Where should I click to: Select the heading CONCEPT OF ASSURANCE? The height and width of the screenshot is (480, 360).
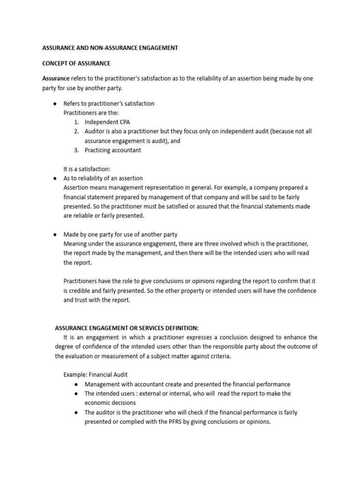click(76, 63)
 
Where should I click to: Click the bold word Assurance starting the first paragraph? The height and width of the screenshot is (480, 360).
click(56, 79)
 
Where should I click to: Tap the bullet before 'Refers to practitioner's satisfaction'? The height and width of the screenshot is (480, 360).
click(55, 104)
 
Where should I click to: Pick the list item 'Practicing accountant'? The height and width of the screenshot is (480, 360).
click(112, 150)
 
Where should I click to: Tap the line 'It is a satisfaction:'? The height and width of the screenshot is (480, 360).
click(87, 169)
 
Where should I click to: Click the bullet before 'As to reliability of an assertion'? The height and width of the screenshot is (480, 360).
click(55, 179)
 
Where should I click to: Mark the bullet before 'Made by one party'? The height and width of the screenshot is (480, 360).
click(55, 234)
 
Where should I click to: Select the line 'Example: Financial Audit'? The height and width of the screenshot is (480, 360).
click(95, 375)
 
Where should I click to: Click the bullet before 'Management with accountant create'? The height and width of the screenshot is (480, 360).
click(76, 384)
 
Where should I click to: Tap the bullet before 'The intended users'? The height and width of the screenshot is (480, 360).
click(76, 394)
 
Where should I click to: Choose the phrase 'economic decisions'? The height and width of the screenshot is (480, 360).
click(110, 403)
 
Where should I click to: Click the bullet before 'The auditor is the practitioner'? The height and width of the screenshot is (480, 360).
click(76, 412)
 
